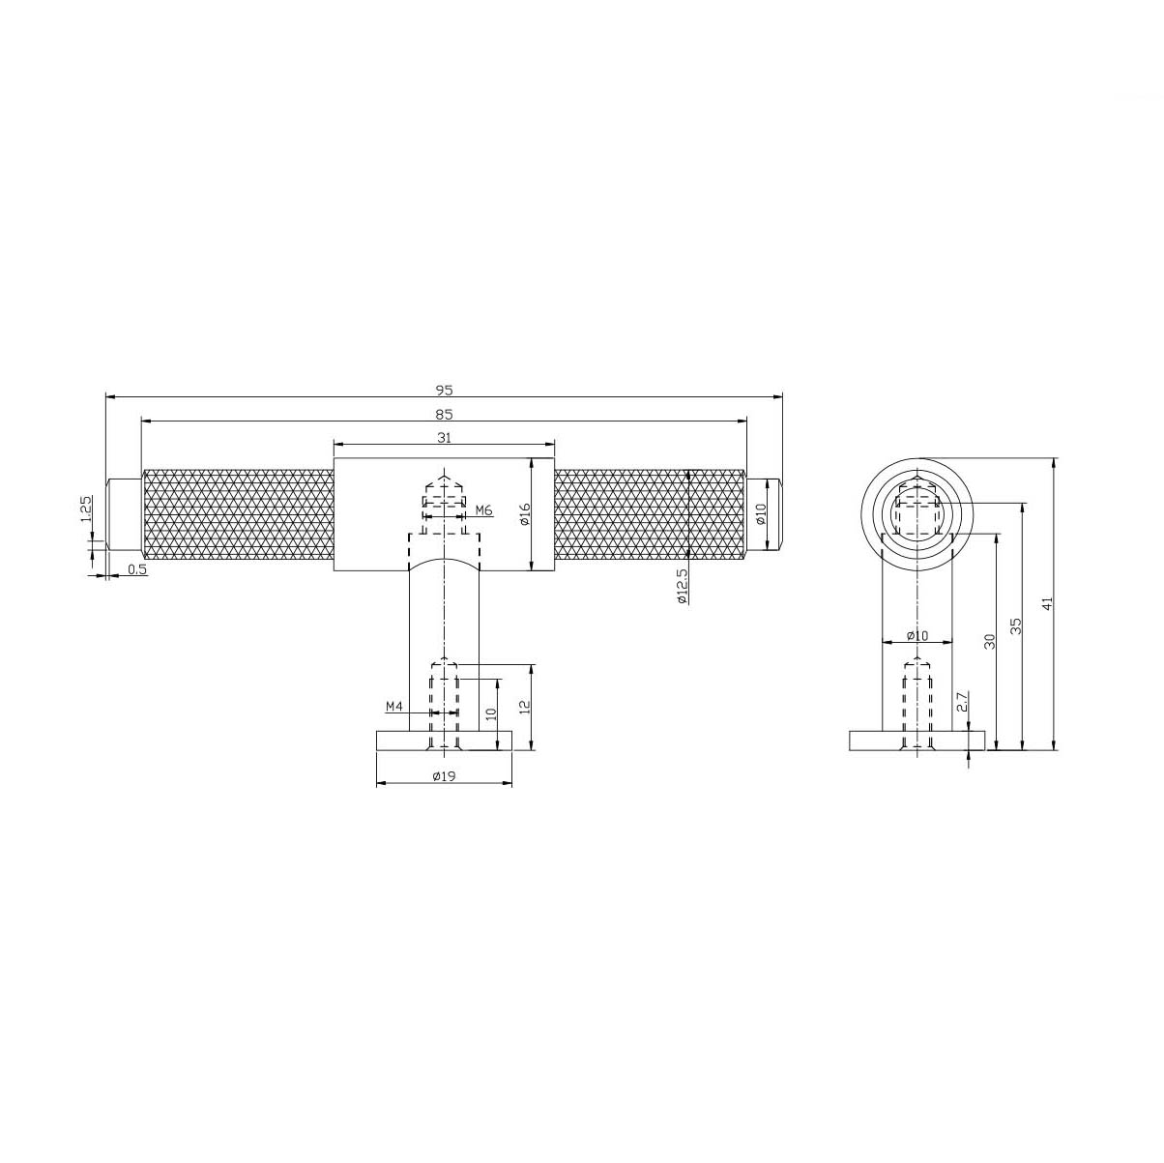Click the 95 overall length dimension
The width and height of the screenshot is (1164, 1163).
point(444,390)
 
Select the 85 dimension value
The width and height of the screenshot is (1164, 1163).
point(444,414)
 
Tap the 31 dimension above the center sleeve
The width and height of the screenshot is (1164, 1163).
point(444,437)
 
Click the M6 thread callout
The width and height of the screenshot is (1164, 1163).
point(484,509)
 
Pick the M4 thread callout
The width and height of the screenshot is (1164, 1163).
point(394,707)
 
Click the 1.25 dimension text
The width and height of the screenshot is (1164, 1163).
point(86,509)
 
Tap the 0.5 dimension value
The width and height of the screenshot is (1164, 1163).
point(137,570)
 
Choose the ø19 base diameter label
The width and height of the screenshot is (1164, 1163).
point(444,776)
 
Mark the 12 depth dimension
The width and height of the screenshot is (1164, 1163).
point(523,707)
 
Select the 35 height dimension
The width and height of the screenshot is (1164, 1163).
point(1014,625)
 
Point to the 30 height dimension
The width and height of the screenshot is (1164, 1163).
point(989,640)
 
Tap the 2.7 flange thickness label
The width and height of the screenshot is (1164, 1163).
point(961,703)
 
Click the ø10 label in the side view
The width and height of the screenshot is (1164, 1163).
point(917,635)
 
